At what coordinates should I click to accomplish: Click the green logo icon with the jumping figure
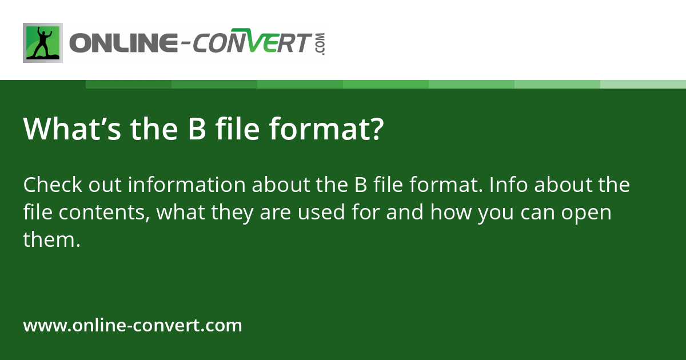click(x=43, y=43)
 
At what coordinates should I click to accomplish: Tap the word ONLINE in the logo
click(x=120, y=43)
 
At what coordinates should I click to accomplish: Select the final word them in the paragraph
click(x=49, y=240)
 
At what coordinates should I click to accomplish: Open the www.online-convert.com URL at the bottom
click(x=133, y=326)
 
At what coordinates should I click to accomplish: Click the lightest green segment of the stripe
click(x=643, y=84)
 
